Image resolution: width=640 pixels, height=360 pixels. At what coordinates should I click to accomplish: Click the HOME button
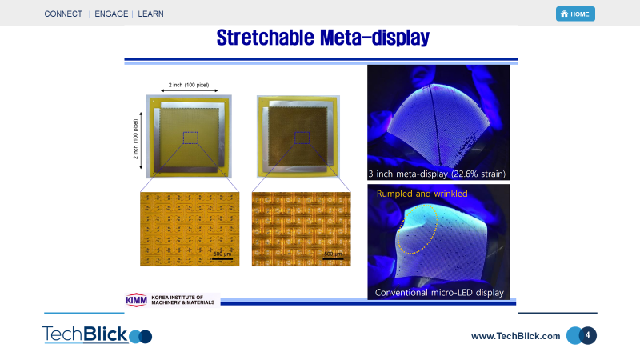[x=575, y=14]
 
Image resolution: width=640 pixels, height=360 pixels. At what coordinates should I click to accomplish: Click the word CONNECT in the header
[x=63, y=14]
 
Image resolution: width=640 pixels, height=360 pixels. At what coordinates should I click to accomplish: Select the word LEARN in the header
[x=150, y=14]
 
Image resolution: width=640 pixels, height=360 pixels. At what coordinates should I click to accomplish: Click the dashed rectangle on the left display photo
[x=190, y=138]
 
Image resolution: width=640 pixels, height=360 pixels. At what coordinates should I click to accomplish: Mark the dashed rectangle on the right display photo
[x=302, y=138]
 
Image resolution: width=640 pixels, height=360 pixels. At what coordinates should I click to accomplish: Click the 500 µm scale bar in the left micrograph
[x=222, y=258]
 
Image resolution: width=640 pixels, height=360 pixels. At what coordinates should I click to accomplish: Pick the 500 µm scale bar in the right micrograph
[x=333, y=258]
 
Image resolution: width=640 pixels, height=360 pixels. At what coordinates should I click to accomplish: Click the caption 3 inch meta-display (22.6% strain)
[x=437, y=174]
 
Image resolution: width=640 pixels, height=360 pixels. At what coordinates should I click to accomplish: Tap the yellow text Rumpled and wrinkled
[x=422, y=194]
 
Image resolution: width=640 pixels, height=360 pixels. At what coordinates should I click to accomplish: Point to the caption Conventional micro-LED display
[x=439, y=293]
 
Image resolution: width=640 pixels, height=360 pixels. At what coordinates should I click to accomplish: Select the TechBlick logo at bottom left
[x=96, y=334]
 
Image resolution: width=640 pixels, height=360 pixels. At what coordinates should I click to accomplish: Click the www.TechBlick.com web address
[x=515, y=336]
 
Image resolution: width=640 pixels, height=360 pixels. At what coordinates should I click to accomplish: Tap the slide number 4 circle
[x=587, y=335]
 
